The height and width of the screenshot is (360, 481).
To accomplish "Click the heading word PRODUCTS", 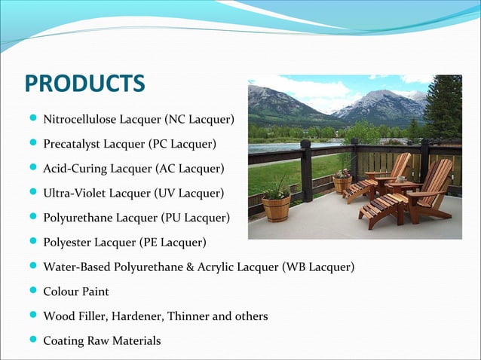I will [x=84, y=83].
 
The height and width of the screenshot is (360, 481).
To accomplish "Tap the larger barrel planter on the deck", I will [x=276, y=207].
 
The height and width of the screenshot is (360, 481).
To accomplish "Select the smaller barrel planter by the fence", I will [x=342, y=183].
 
